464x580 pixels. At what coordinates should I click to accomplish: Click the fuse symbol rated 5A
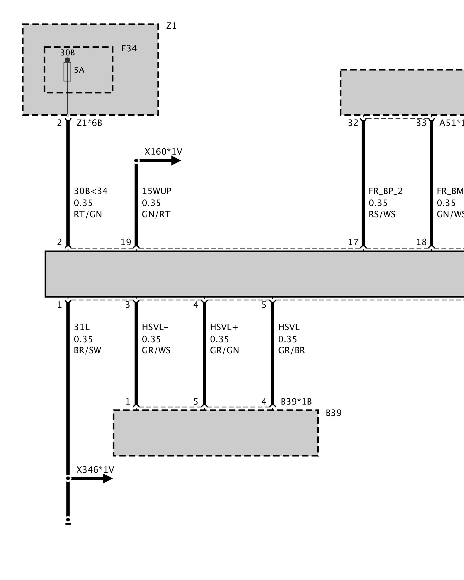67,72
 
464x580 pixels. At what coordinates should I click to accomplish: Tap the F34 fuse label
129,48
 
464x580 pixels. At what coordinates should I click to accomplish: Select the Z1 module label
171,26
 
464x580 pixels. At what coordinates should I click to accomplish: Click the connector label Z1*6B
89,123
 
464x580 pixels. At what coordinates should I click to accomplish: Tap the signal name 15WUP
157,191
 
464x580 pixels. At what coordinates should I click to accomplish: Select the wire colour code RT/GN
88,214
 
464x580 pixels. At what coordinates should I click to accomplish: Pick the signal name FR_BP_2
385,191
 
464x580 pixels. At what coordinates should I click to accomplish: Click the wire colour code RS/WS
382,214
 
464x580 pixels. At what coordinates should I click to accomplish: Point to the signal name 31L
82,327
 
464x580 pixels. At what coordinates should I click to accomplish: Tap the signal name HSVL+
224,327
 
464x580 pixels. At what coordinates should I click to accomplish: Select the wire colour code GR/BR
291,350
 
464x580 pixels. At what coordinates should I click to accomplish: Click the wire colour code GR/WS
156,350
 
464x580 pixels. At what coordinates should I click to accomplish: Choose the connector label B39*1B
296,402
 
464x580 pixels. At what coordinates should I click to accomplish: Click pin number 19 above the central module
126,242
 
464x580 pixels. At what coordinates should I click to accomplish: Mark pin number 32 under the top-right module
353,123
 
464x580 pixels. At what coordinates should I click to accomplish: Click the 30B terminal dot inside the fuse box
67,60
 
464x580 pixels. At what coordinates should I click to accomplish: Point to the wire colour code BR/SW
87,350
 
